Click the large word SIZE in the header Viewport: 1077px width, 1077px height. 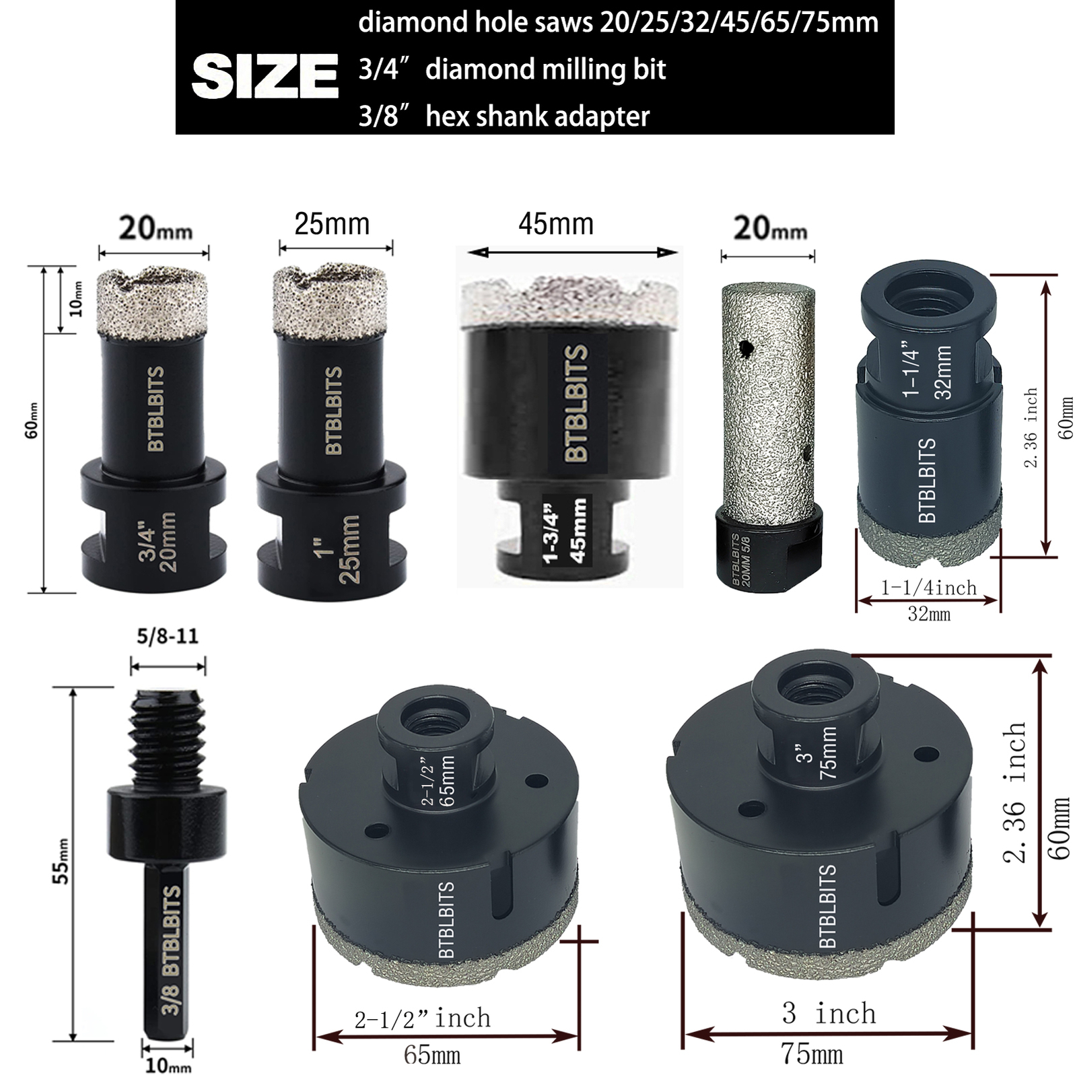coord(265,77)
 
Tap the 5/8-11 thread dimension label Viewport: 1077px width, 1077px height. coord(168,637)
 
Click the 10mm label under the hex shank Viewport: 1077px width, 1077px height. coord(168,1066)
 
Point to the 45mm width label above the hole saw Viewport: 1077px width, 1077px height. coord(556,224)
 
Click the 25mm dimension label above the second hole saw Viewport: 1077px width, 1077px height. coord(332,223)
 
